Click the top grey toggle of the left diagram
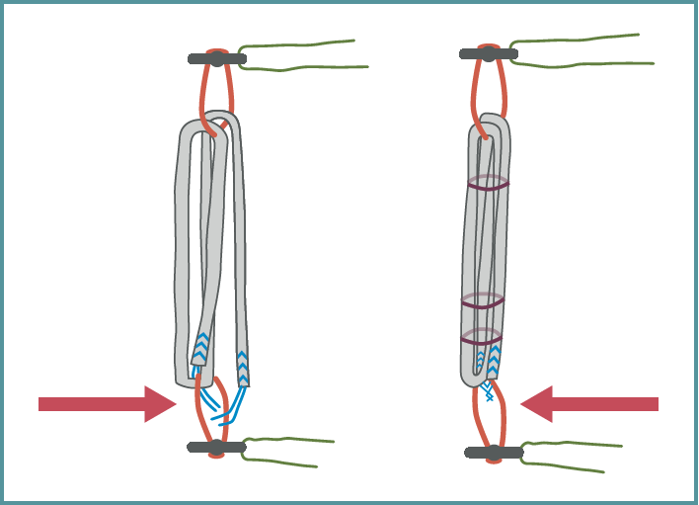click(216, 59)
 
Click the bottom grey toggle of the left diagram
click(216, 448)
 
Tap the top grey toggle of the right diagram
click(488, 53)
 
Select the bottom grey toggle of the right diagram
click(494, 453)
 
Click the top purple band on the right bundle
click(488, 184)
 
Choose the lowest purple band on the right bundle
click(482, 339)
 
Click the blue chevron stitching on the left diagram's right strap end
click(243, 367)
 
